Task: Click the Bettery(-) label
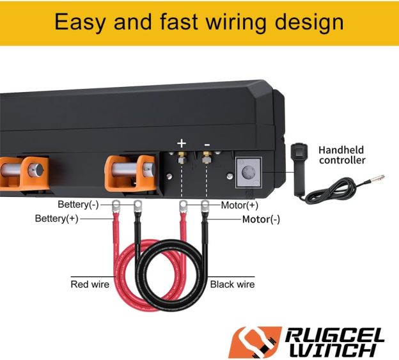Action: pos(79,205)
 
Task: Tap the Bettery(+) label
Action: pos(57,219)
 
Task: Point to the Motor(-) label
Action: pos(261,219)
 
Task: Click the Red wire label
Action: pos(90,284)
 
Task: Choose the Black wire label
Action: pos(233,284)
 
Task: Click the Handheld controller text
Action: pos(342,154)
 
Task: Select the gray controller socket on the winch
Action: pos(247,171)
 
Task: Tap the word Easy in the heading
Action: pos(80,22)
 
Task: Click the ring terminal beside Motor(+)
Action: pos(183,205)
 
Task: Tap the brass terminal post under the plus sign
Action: pos(182,157)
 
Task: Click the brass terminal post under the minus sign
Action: pos(206,157)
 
